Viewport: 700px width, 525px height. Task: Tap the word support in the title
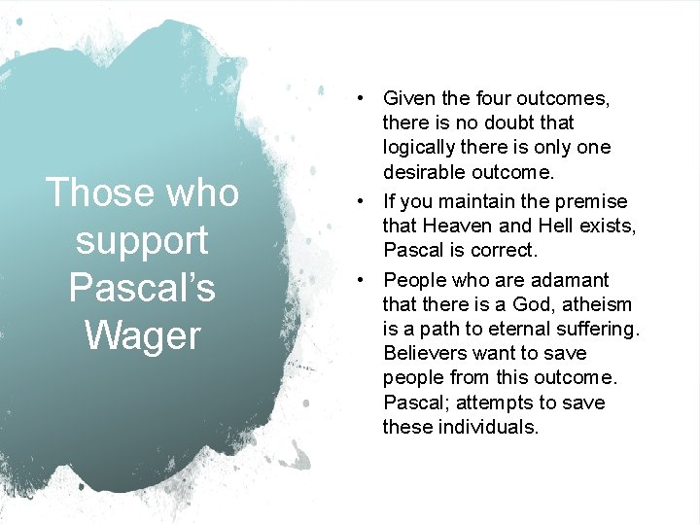point(142,241)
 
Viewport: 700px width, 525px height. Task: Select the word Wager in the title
point(142,335)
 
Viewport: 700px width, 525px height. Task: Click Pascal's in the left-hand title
point(142,288)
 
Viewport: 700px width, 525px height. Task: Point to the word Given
point(410,98)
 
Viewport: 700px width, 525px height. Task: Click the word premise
point(594,201)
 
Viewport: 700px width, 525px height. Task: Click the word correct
point(502,250)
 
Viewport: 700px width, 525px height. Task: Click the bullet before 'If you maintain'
point(360,201)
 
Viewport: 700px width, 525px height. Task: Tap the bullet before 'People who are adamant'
point(360,280)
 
